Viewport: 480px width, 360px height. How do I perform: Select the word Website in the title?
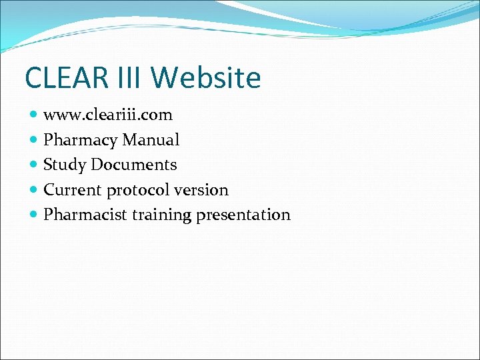[x=206, y=77]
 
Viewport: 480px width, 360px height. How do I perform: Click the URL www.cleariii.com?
[x=108, y=115]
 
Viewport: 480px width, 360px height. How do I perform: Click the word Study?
[x=65, y=165]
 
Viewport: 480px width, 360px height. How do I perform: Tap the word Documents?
[x=134, y=165]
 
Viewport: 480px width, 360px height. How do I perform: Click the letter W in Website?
[x=164, y=77]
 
